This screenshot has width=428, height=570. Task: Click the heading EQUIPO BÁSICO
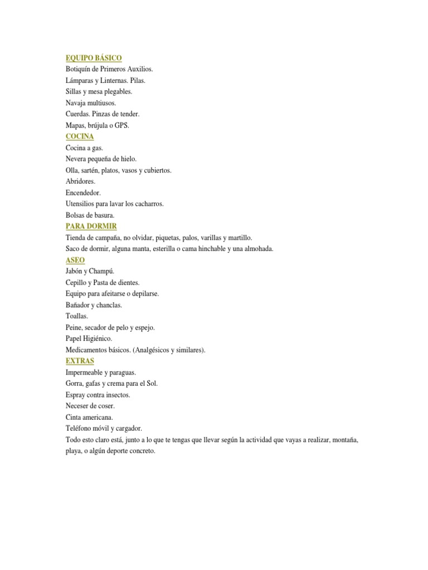[94, 58]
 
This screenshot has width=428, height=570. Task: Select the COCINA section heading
[80, 136]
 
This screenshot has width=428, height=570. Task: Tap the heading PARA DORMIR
[91, 227]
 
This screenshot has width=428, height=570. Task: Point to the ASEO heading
[75, 260]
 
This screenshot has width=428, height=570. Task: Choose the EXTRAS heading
[80, 361]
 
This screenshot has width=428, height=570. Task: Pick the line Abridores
[81, 181]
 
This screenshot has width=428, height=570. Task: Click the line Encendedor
[84, 193]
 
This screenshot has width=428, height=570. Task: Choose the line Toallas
[77, 316]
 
